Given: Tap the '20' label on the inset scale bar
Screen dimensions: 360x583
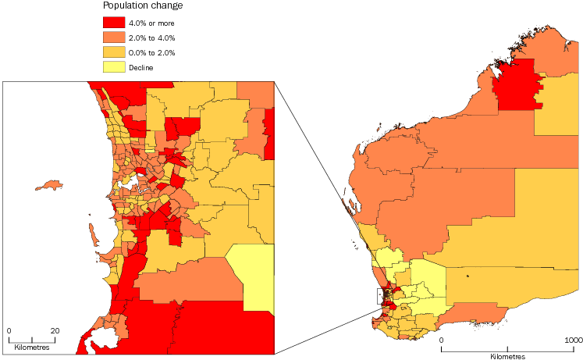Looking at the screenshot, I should pyautogui.click(x=55, y=330).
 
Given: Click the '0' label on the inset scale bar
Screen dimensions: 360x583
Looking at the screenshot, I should pyautogui.click(x=9, y=330).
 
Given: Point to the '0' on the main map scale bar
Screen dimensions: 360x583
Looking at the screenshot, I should pyautogui.click(x=441, y=340).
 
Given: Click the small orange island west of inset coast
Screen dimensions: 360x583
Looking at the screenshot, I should pyautogui.click(x=50, y=186).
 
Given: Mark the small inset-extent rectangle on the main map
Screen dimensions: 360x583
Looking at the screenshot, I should pyautogui.click(x=381, y=297).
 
